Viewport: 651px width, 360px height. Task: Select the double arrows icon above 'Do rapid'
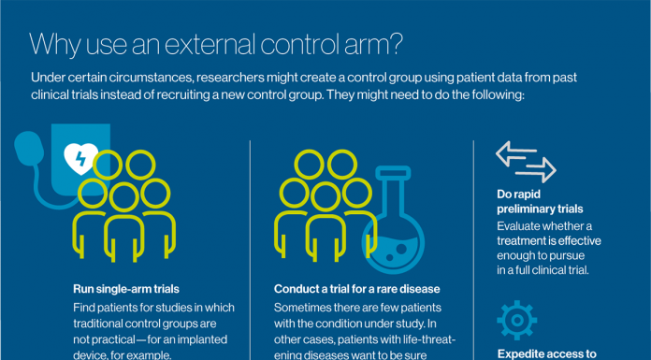click(525, 161)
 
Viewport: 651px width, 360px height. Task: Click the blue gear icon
click(516, 320)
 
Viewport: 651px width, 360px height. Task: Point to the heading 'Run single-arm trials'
click(126, 289)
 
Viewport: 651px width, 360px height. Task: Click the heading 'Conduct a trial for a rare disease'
click(356, 289)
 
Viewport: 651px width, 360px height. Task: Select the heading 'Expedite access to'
click(547, 353)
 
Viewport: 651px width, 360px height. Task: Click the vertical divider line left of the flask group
click(250, 248)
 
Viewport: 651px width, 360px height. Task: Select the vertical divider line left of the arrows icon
click(474, 248)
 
